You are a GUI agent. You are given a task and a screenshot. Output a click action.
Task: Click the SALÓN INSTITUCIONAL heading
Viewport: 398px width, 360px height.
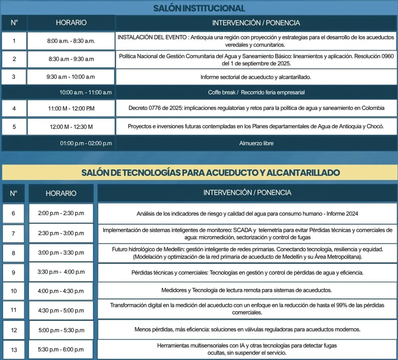click(199, 8)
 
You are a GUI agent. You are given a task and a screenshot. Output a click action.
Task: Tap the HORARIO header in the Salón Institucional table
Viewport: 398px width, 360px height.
click(71, 23)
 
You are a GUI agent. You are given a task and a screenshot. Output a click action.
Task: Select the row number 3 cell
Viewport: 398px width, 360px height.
click(14, 77)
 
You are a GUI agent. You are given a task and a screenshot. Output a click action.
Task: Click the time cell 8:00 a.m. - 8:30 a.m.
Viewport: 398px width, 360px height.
click(71, 41)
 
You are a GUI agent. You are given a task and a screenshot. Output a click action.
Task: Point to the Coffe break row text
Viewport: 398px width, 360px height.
click(256, 92)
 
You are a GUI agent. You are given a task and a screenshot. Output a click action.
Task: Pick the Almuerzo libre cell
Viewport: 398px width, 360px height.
click(256, 143)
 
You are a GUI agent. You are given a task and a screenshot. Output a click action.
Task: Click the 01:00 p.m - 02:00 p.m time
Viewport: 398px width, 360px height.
click(86, 143)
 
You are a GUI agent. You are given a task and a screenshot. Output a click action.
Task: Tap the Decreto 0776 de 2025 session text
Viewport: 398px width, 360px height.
click(256, 108)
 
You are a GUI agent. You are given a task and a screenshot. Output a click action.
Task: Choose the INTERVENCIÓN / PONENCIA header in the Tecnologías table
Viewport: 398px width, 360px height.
click(247, 193)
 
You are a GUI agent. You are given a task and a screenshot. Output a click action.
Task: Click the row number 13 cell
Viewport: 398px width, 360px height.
click(14, 350)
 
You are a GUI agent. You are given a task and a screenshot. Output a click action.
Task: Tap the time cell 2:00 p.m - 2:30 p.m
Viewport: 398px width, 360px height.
click(61, 213)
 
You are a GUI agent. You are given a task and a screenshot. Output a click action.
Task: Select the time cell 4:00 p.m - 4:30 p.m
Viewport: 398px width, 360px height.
click(61, 291)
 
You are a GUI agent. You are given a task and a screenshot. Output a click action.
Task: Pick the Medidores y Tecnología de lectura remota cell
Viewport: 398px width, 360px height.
click(247, 290)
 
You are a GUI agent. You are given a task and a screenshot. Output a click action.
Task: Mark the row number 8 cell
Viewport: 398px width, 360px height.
click(14, 253)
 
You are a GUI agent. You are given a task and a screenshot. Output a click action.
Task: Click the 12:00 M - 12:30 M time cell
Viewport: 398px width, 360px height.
click(71, 127)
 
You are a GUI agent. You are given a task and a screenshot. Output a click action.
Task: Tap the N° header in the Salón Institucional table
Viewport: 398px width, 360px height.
click(14, 23)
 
